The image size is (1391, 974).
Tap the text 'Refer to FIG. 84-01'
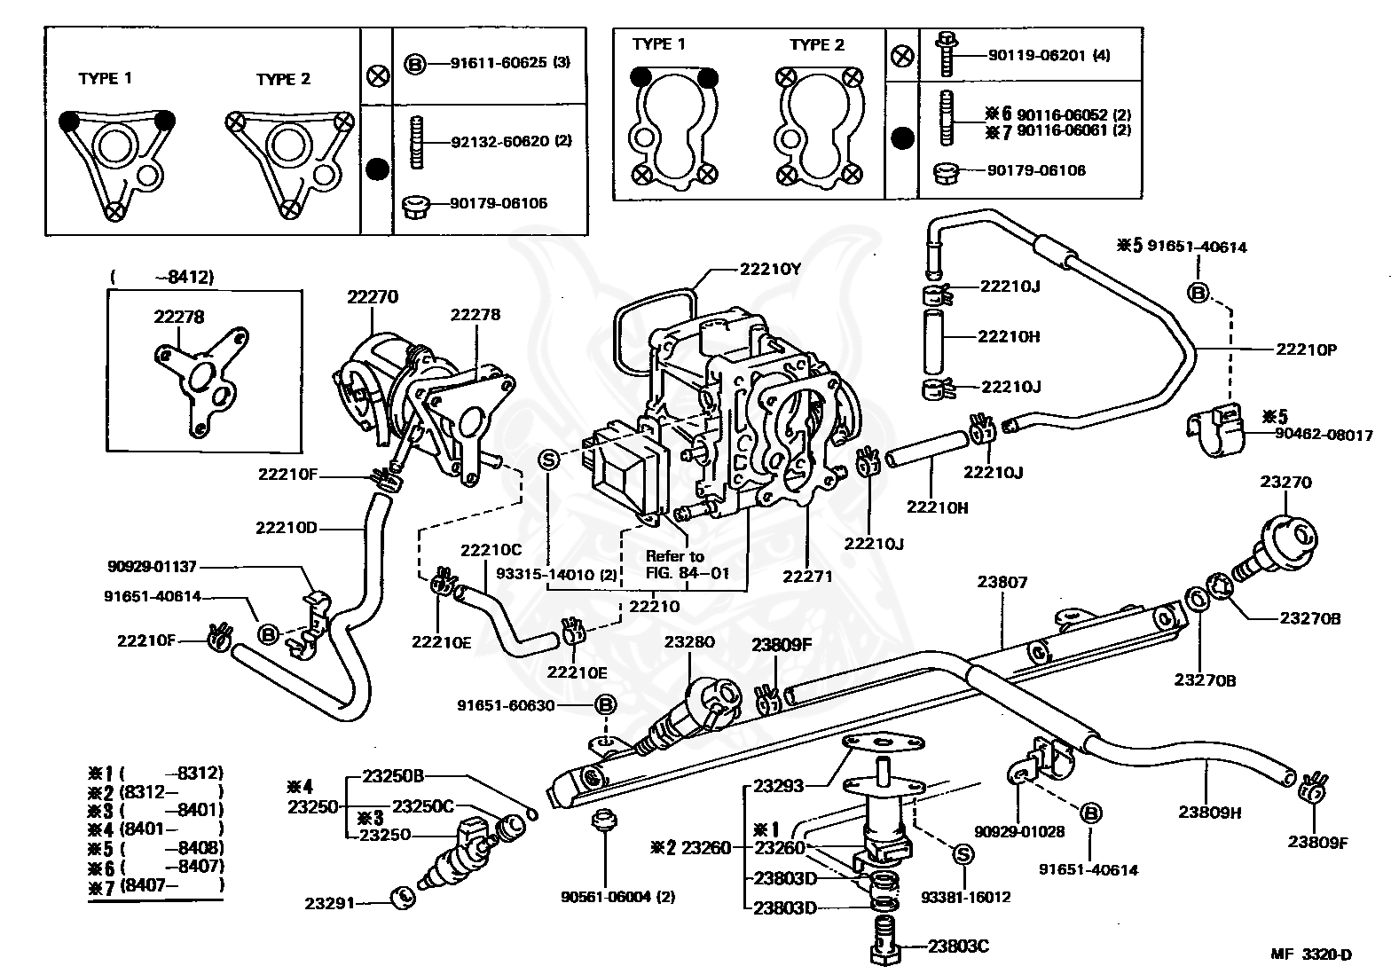click(x=674, y=564)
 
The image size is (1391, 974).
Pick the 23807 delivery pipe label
click(x=1002, y=583)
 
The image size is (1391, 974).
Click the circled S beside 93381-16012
click(x=963, y=853)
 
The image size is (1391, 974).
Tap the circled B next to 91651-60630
click(x=605, y=705)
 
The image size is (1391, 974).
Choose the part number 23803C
click(x=958, y=946)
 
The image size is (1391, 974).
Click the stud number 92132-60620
click(x=499, y=141)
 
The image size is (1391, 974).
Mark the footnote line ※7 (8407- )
click(x=156, y=884)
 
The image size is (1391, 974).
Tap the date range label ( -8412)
click(x=162, y=276)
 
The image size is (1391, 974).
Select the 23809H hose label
click(x=1209, y=811)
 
